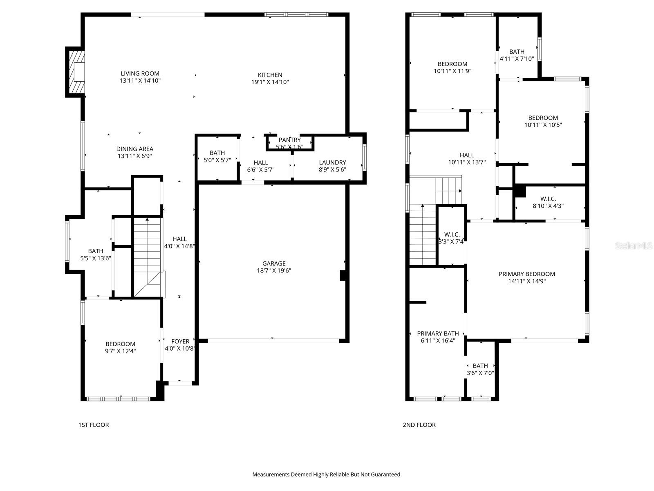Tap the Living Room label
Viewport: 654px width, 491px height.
[140, 74]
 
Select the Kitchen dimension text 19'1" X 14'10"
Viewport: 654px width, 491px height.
[270, 82]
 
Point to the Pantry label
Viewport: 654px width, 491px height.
[289, 140]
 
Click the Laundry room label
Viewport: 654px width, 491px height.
[332, 162]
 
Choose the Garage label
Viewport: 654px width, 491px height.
[274, 264]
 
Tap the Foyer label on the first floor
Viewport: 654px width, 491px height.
[180, 341]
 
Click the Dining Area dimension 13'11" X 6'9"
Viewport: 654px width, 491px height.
[134, 156]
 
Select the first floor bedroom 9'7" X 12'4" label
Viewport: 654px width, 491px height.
[120, 347]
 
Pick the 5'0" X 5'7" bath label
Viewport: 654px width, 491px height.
[217, 156]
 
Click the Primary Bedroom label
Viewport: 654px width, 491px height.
[526, 274]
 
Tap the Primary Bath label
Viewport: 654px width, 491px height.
[438, 333]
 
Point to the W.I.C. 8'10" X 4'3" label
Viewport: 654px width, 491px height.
[548, 202]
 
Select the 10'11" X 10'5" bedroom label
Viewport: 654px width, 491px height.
[543, 122]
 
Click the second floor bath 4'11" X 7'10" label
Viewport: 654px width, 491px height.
[517, 55]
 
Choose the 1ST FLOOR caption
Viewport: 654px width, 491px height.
[94, 425]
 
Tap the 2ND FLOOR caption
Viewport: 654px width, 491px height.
[419, 425]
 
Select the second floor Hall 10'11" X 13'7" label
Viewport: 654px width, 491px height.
[467, 159]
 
